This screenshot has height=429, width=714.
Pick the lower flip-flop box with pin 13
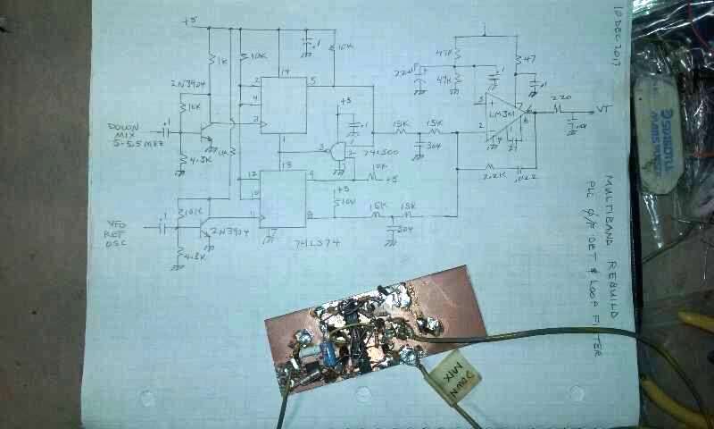(283, 196)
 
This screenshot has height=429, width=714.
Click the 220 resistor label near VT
(560, 97)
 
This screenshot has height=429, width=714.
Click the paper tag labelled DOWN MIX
(453, 383)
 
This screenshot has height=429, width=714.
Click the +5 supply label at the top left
(188, 20)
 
